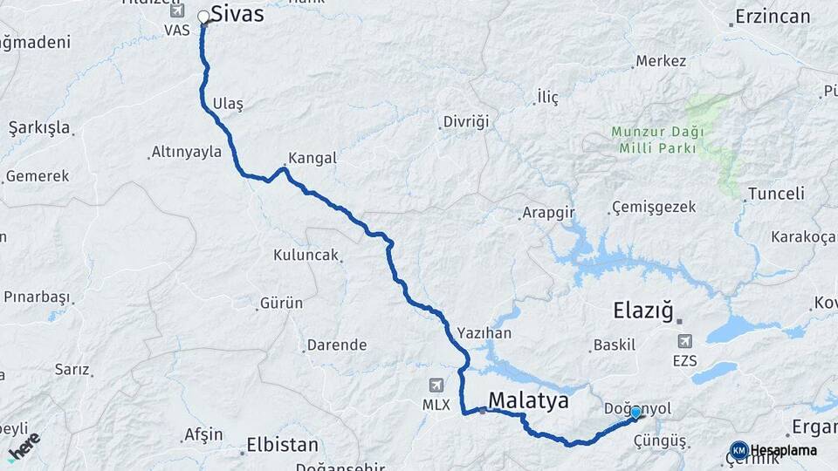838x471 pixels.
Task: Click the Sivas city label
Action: coord(237,15)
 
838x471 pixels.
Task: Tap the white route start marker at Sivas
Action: coord(204,17)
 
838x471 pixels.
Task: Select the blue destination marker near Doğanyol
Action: coord(635,413)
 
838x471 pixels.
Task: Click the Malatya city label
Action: coord(528,400)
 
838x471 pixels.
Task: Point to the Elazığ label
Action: coord(645,310)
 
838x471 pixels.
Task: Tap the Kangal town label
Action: coord(312,160)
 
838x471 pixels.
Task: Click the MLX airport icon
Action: coord(436,385)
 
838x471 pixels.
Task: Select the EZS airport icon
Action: coord(684,341)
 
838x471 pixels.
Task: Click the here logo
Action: coord(24,445)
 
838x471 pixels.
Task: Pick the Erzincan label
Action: coord(773,17)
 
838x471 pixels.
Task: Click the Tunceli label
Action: coord(776,194)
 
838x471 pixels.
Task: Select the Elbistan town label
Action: coord(282,444)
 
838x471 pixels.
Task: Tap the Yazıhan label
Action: coord(484,333)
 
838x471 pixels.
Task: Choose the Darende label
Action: coord(338,345)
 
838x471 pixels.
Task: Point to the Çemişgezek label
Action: coord(654,208)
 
